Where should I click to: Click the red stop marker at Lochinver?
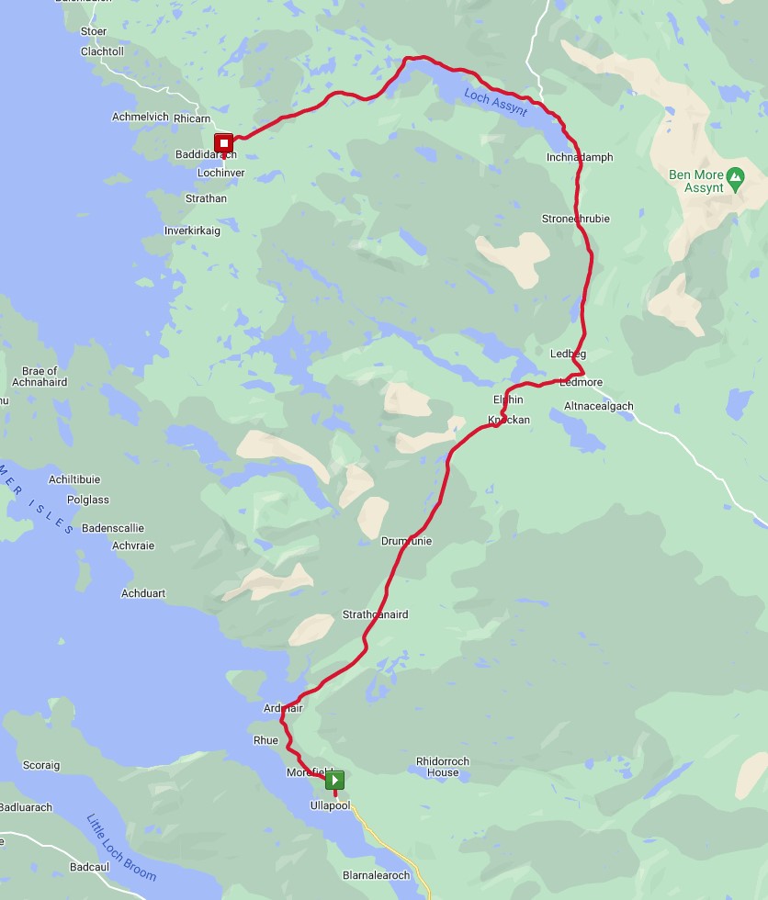pos(223,143)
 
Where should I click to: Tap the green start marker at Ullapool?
pos(334,780)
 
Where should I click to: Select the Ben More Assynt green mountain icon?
pos(734,174)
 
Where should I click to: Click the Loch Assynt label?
pos(496,102)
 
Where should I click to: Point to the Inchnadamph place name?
pos(579,158)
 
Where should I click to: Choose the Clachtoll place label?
pos(102,51)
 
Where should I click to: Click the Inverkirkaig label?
pos(192,231)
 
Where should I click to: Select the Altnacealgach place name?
pos(599,406)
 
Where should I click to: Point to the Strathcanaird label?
pos(375,614)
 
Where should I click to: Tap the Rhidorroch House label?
pos(443,767)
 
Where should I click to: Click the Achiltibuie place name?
pos(74,479)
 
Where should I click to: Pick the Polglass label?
pos(88,501)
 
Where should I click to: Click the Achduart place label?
pos(143,594)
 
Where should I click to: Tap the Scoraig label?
pos(41,765)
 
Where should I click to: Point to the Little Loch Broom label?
pos(121,848)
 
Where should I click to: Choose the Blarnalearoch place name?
pos(376,875)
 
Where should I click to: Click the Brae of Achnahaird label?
pos(40,377)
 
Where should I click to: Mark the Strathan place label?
pos(206,198)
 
